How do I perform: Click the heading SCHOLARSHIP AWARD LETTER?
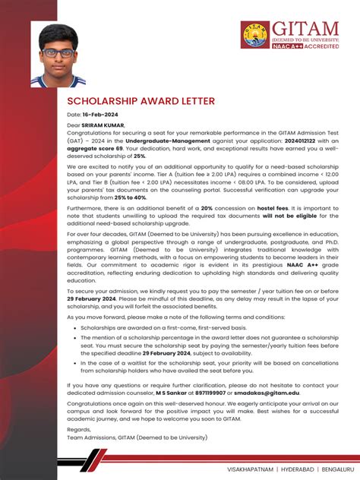[x=141, y=100]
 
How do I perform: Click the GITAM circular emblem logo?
[x=255, y=34]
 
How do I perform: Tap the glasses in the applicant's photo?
[x=58, y=52]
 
